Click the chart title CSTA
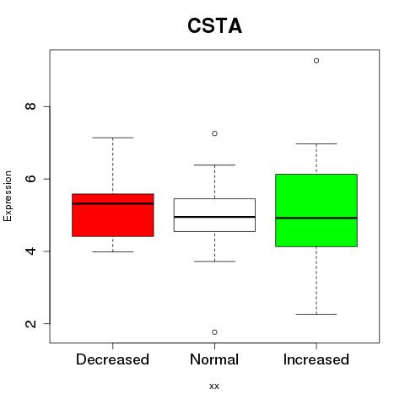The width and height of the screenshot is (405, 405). point(214,25)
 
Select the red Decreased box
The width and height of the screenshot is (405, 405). point(113,215)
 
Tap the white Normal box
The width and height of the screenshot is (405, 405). point(214,215)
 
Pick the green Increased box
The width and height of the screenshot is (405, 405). point(316,210)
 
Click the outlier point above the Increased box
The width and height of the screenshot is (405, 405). point(316,61)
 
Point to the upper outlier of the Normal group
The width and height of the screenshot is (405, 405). point(214,133)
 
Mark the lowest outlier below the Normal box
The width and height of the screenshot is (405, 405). point(214,332)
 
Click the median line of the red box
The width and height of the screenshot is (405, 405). point(113,203)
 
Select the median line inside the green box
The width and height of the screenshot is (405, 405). point(316,218)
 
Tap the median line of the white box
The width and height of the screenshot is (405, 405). point(214,217)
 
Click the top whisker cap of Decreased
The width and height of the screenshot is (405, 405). point(113,138)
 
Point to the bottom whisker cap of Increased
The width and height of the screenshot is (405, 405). point(316,314)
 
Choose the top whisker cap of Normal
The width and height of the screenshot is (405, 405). point(214,165)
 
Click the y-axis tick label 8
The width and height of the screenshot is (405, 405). point(30,106)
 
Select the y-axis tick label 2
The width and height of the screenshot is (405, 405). point(30,323)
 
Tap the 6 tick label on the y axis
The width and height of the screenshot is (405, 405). point(30,179)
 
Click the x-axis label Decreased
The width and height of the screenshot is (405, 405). point(112,359)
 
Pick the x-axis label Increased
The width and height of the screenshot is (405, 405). point(316,359)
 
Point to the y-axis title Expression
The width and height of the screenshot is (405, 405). point(8,196)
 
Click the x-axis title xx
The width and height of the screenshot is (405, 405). point(214,386)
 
